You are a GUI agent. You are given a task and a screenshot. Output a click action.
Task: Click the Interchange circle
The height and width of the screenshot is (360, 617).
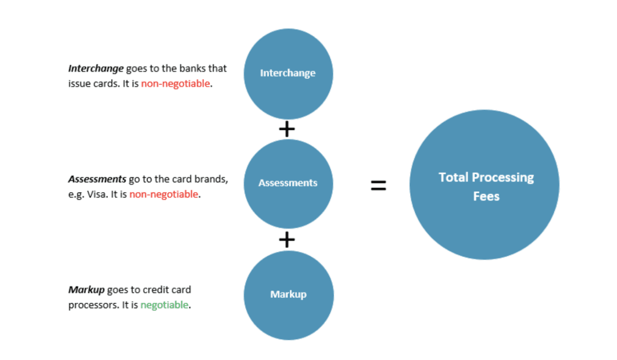tap(288, 74)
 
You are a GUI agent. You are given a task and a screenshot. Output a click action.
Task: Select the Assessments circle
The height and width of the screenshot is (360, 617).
tap(288, 184)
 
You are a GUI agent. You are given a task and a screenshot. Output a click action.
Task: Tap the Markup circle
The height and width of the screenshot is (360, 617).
tap(288, 295)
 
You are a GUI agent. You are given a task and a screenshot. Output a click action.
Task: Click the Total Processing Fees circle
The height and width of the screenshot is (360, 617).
tap(485, 185)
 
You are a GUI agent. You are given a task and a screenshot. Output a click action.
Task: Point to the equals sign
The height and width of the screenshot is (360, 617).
tap(378, 185)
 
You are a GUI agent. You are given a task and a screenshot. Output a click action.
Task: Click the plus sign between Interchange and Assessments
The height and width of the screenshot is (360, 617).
tap(287, 129)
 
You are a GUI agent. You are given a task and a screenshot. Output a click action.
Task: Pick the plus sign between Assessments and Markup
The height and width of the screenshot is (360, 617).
tap(287, 240)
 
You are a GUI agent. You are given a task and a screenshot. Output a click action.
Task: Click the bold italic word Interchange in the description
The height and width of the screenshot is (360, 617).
tap(96, 68)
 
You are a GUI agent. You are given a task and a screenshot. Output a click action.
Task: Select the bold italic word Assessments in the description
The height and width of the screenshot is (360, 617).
tap(97, 179)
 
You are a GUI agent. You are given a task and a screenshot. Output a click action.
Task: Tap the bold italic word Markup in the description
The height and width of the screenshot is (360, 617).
tap(86, 290)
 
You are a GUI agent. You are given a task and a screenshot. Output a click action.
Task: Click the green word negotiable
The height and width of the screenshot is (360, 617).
tap(164, 305)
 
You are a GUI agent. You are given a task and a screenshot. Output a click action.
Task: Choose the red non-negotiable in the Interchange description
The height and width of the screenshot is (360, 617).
tap(176, 84)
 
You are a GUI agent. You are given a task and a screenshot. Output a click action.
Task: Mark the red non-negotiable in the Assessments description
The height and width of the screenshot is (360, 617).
tap(164, 194)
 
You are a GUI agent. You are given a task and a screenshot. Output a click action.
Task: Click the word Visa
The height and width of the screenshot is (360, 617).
tap(96, 194)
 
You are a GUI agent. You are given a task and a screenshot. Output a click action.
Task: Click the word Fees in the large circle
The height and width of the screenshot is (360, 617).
tap(486, 196)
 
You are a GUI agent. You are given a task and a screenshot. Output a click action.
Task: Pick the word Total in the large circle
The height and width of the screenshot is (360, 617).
tap(454, 177)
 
